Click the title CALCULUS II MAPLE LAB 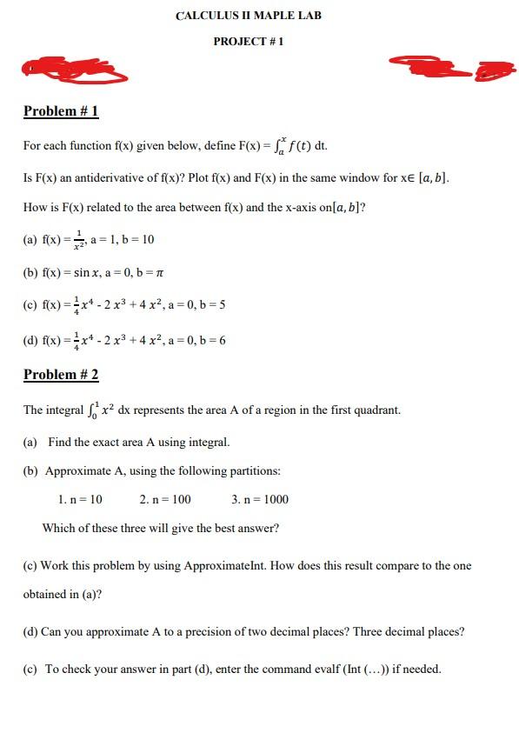248,16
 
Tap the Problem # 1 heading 61,111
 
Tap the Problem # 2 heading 61,375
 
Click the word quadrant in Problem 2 376,410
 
